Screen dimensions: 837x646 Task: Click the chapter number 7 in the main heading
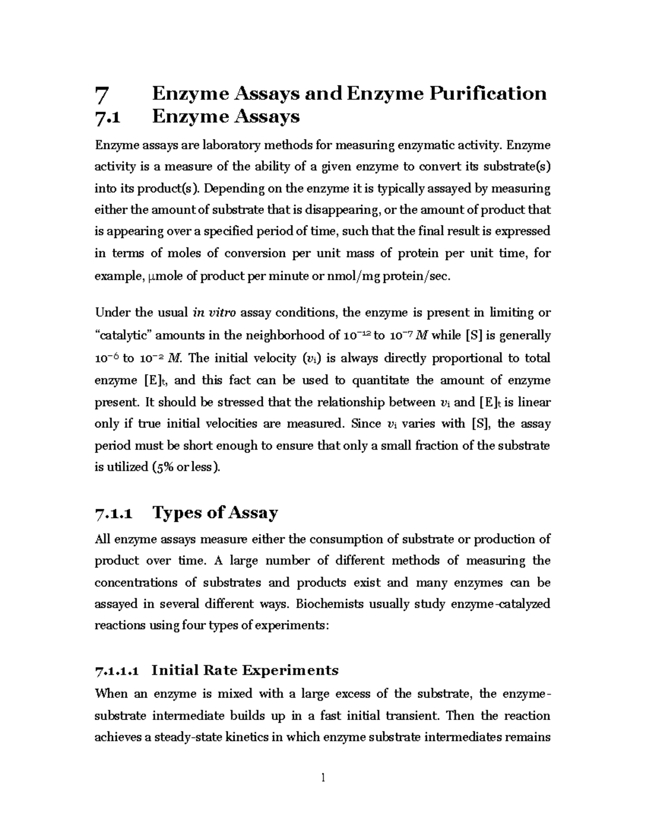[x=101, y=95]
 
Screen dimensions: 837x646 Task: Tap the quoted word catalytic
[x=125, y=336]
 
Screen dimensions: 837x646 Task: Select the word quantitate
[x=381, y=381]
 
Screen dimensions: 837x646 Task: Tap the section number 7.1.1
[x=113, y=514]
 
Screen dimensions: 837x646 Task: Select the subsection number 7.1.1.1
[x=117, y=672]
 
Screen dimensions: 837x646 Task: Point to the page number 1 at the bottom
[x=323, y=778]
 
